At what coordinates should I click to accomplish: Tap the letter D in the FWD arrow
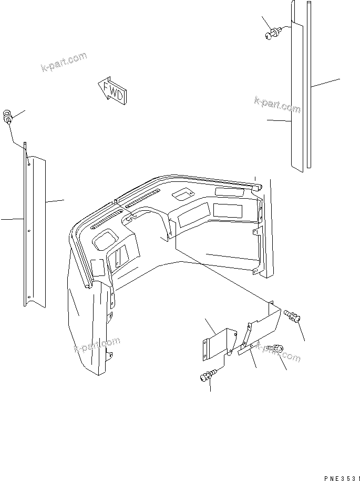pyautogui.click(x=120, y=96)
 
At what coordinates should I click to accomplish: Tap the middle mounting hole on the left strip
pyautogui.click(x=29, y=230)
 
